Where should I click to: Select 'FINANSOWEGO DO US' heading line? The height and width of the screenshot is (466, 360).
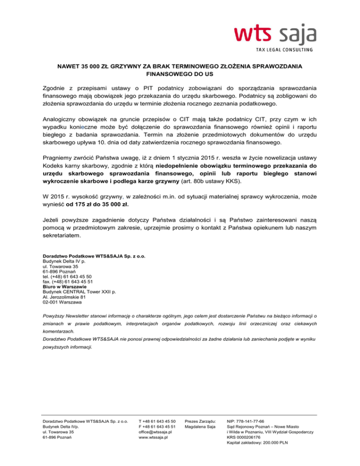click(180, 74)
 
